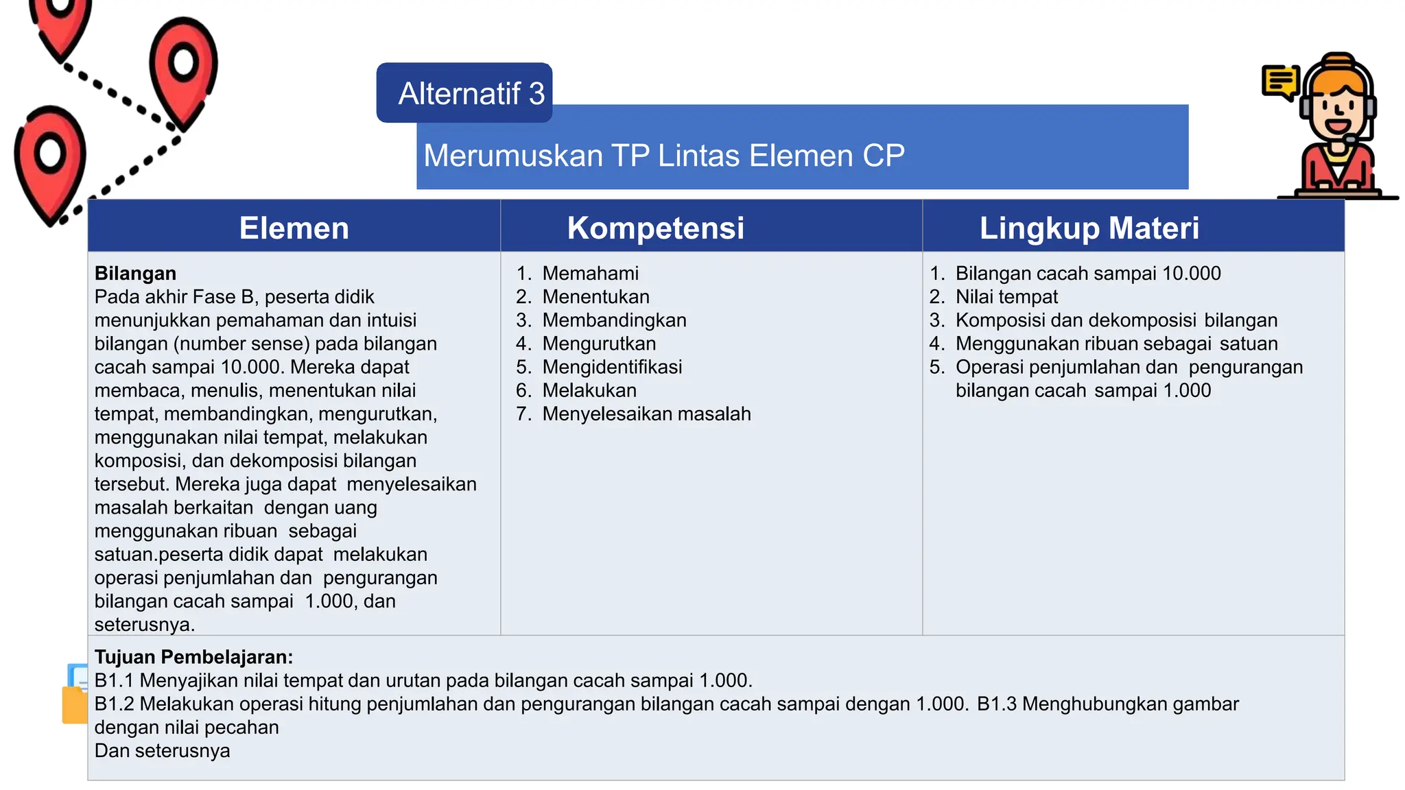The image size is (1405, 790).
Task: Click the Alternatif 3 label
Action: [x=471, y=94]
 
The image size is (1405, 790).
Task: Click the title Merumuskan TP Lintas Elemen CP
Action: [x=663, y=156]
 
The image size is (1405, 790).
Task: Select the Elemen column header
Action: [x=294, y=228]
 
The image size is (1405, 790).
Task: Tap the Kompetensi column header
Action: [x=655, y=228]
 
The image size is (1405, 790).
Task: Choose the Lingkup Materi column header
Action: [x=1089, y=228]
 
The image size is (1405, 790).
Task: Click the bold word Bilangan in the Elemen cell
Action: [x=135, y=274]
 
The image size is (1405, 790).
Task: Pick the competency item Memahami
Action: [x=590, y=274]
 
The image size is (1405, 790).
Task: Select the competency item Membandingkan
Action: [x=614, y=320]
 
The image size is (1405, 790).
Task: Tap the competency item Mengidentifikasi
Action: [x=612, y=367]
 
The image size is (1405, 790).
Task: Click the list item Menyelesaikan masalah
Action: [x=646, y=414]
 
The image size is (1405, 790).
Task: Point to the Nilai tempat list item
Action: [x=1006, y=297]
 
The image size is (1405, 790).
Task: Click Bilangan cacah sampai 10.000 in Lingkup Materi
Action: [x=1087, y=274]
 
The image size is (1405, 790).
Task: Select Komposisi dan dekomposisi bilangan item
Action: [x=1116, y=320]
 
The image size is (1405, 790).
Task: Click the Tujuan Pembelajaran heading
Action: [x=193, y=657]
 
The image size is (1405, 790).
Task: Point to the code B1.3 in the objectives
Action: [x=996, y=704]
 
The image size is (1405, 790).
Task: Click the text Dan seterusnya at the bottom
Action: [x=162, y=751]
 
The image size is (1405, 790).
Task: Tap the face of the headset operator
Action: [x=1337, y=110]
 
